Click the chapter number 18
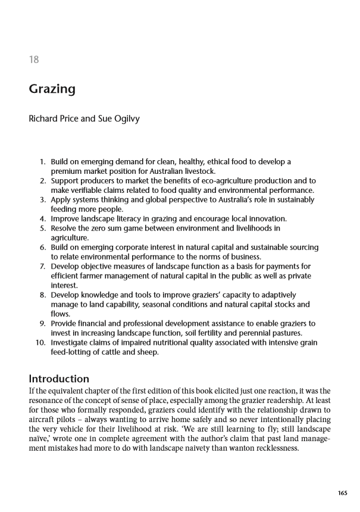pyautogui.click(x=34, y=60)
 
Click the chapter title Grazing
pyautogui.click(x=52, y=90)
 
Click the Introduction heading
pyautogui.click(x=59, y=379)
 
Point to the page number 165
pyautogui.click(x=342, y=493)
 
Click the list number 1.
pyautogui.click(x=42, y=161)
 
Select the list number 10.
pyautogui.click(x=40, y=342)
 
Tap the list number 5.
pyautogui.click(x=42, y=227)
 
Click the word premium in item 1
pyautogui.click(x=67, y=171)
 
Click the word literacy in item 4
pyautogui.click(x=132, y=218)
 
